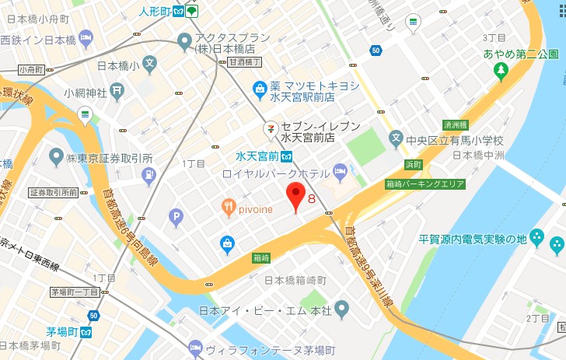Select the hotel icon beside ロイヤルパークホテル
coord(340,170)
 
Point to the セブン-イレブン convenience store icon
coord(270,126)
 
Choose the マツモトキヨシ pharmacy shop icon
coord(261,92)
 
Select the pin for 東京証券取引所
coord(55,157)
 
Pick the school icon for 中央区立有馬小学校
coord(397,141)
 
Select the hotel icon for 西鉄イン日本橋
coord(86,38)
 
